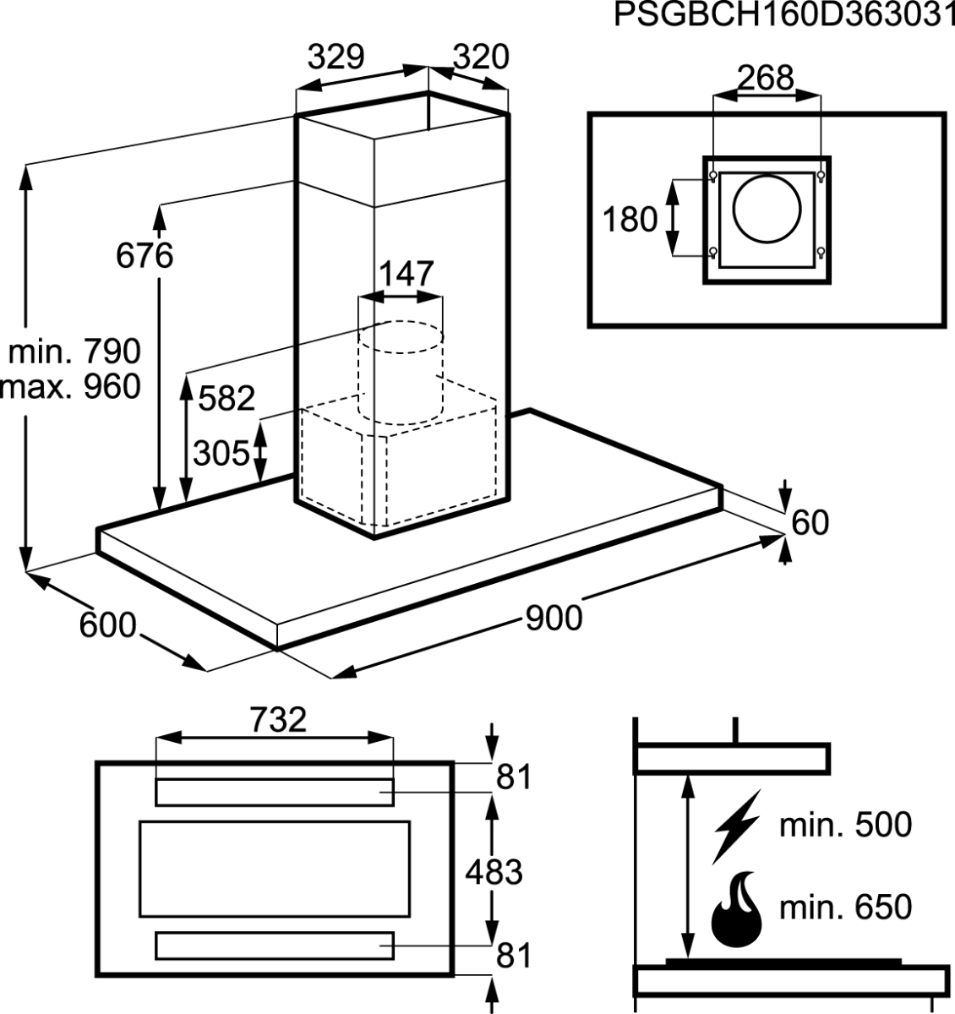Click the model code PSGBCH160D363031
784,14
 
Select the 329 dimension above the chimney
336,57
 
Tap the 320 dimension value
481,57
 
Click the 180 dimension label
630,220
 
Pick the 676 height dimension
145,256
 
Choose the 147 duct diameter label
407,274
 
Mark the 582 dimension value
226,398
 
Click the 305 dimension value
221,453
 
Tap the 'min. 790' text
74,352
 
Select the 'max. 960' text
70,387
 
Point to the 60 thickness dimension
810,523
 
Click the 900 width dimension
554,619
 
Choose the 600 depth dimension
108,625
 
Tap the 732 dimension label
278,719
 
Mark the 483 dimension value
494,871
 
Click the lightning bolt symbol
736,826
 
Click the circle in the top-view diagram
767,209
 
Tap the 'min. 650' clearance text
845,907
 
